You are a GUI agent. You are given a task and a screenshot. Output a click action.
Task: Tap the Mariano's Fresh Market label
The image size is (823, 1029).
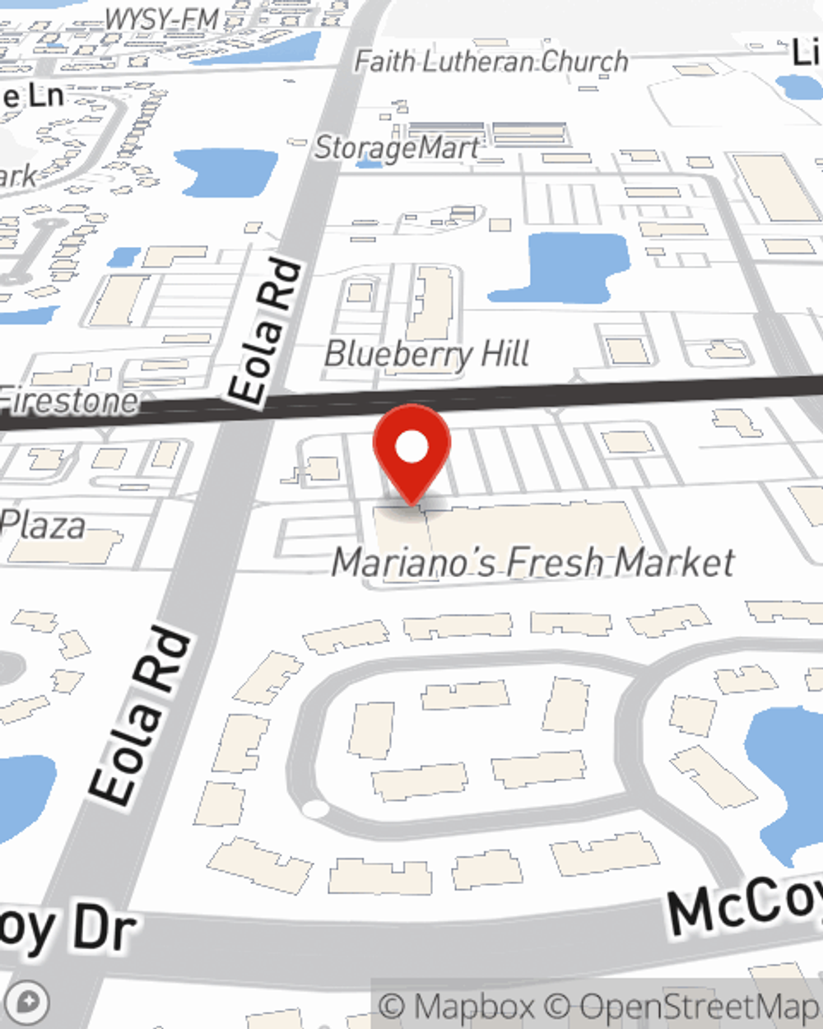point(532,563)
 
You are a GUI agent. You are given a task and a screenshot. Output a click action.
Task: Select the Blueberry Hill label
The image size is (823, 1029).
point(427,354)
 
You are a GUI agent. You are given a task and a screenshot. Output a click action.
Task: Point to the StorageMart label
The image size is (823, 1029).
point(396,148)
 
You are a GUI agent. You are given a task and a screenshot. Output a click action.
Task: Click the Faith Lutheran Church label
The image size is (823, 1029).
point(491,62)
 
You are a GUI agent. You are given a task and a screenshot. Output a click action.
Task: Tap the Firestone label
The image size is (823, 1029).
point(69,402)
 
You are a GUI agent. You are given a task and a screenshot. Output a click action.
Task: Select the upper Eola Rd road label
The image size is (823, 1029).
point(264,332)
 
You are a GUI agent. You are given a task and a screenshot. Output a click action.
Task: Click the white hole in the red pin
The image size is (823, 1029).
point(411,448)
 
